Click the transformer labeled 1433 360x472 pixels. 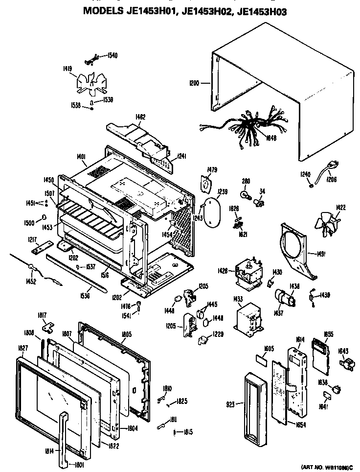248,324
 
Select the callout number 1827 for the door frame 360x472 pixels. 22,348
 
